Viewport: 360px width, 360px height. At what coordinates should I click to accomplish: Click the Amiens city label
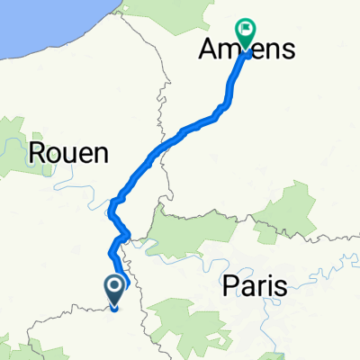[x=246, y=51]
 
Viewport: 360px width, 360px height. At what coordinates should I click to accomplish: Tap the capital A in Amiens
[x=207, y=51]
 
